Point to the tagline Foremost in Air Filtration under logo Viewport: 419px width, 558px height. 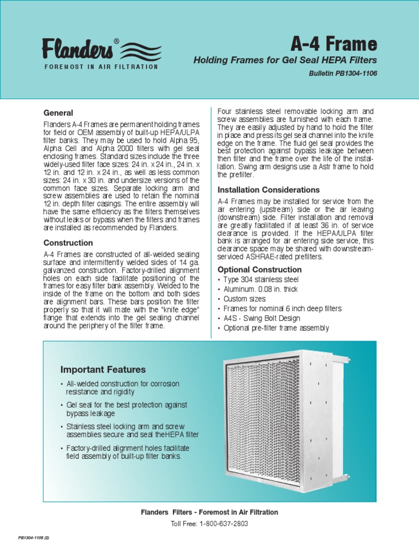[101, 66]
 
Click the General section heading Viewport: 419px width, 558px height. [58, 113]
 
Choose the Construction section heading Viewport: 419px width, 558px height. [68, 243]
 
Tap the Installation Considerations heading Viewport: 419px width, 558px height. [268, 190]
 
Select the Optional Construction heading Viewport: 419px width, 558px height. [259, 270]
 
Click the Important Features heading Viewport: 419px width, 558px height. [103, 369]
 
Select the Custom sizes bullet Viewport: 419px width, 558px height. [244, 299]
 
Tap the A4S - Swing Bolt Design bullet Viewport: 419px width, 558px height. [262, 318]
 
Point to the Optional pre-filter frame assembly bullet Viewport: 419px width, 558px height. [276, 328]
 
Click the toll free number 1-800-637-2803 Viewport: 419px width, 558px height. [224, 523]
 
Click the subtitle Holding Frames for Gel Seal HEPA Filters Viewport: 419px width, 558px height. [285, 60]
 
